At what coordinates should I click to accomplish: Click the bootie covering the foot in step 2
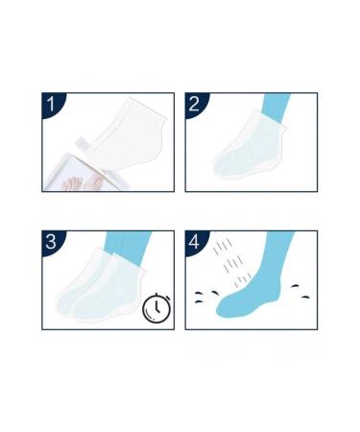coord(245,154)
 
